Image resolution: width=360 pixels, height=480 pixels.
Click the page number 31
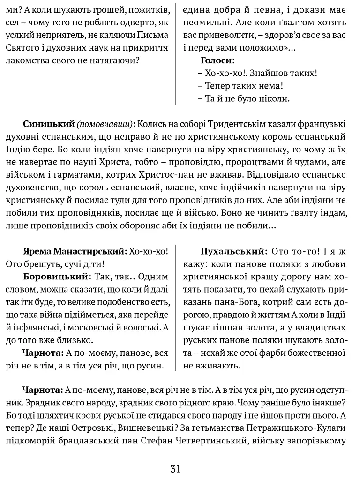pyautogui.click(x=176, y=468)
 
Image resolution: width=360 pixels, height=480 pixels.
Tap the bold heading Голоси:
pyautogui.click(x=217, y=60)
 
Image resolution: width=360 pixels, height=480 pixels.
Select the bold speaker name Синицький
pyautogui.click(x=49, y=124)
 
